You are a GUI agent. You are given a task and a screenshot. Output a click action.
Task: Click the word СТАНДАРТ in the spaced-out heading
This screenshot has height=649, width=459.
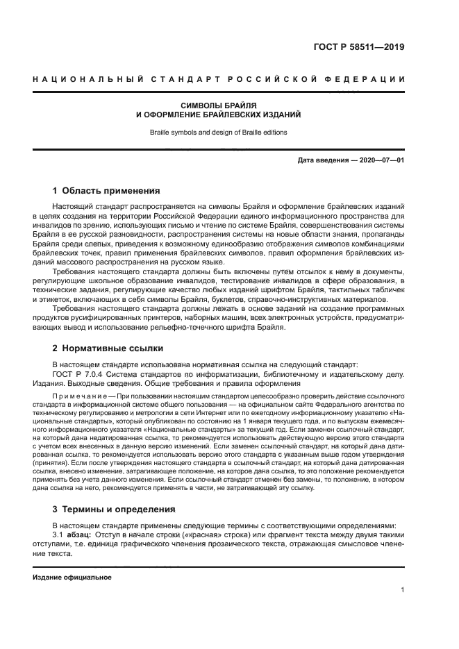click(183, 80)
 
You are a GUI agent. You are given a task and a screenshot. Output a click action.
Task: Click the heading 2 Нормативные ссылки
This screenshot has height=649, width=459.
click(108, 348)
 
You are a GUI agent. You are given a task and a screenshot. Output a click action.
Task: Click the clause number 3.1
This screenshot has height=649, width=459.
click(58, 536)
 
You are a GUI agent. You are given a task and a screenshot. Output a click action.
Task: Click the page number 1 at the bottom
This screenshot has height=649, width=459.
click(403, 590)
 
